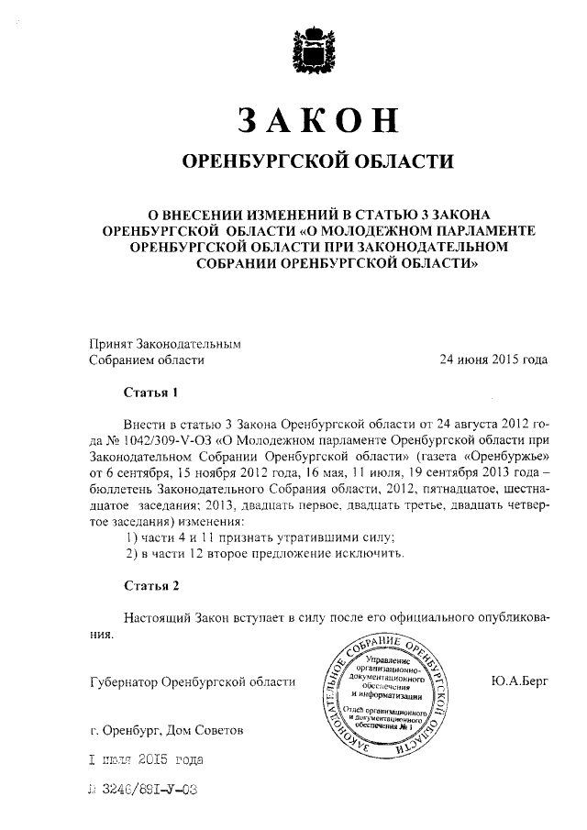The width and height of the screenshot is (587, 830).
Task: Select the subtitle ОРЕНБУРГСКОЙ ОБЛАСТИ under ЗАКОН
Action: (x=319, y=161)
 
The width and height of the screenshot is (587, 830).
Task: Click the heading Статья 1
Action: (x=150, y=393)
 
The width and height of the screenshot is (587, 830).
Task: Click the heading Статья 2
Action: (x=150, y=586)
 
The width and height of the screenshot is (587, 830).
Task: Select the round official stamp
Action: (x=391, y=694)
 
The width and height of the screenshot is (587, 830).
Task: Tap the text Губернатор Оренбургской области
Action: (x=192, y=681)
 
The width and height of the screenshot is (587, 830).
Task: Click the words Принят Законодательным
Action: (x=163, y=344)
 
